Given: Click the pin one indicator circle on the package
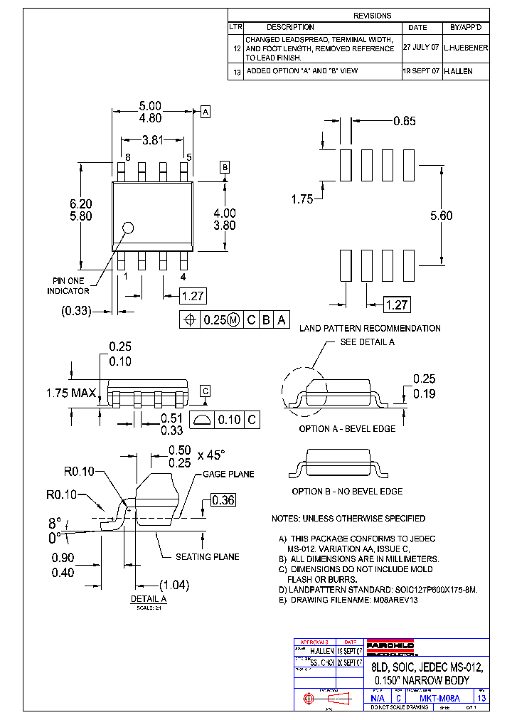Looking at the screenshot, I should tap(129, 228).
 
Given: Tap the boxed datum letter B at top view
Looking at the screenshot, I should tap(225, 167).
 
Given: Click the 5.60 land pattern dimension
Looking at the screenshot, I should tap(441, 216).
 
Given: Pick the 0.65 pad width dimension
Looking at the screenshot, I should tap(404, 121).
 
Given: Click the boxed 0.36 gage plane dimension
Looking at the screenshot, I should tap(223, 501).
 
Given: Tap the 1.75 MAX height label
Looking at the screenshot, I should tap(71, 393).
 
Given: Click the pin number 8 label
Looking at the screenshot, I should tap(127, 157).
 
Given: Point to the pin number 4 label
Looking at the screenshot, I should tap(183, 276).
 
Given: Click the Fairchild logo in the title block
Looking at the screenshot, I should tap(390, 645).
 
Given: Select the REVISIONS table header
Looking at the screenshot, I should tap(372, 15).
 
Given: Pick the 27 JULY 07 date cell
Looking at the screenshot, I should tap(421, 46).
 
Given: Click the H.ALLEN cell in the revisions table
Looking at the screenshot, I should tap(457, 71).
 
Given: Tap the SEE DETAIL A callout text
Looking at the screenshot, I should tap(367, 342).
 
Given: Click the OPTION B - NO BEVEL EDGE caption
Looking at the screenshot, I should tap(347, 492).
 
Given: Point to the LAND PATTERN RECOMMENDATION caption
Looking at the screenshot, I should tap(370, 329).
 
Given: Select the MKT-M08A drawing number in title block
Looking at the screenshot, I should tap(440, 699).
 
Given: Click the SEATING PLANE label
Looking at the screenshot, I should tap(208, 557).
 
